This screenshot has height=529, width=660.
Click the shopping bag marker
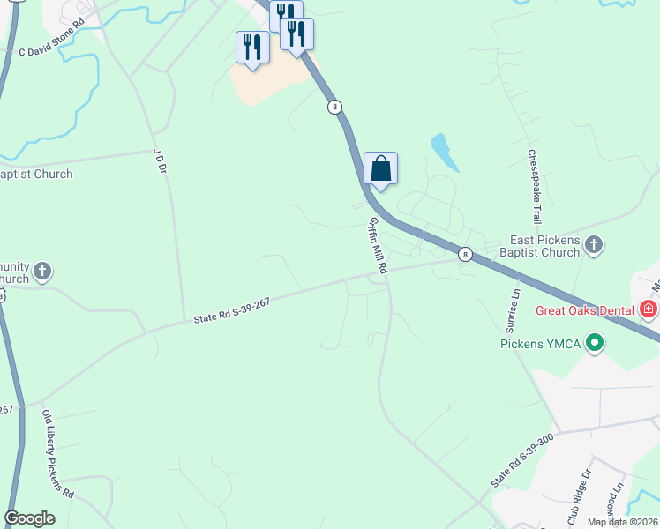[380, 168]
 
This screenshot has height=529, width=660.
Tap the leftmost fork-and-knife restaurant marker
[252, 47]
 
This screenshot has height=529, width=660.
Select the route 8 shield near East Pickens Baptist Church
[465, 254]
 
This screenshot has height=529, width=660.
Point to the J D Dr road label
[160, 160]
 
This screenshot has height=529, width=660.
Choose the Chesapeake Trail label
[533, 186]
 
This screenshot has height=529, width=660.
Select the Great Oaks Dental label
[587, 310]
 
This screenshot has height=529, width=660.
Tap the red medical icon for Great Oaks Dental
[649, 309]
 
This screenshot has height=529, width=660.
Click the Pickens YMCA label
[540, 343]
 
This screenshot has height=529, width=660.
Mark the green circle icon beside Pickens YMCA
[595, 343]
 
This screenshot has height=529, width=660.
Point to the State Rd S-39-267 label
[231, 309]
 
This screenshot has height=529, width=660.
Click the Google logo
[29, 518]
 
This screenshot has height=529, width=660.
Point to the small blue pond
[445, 152]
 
